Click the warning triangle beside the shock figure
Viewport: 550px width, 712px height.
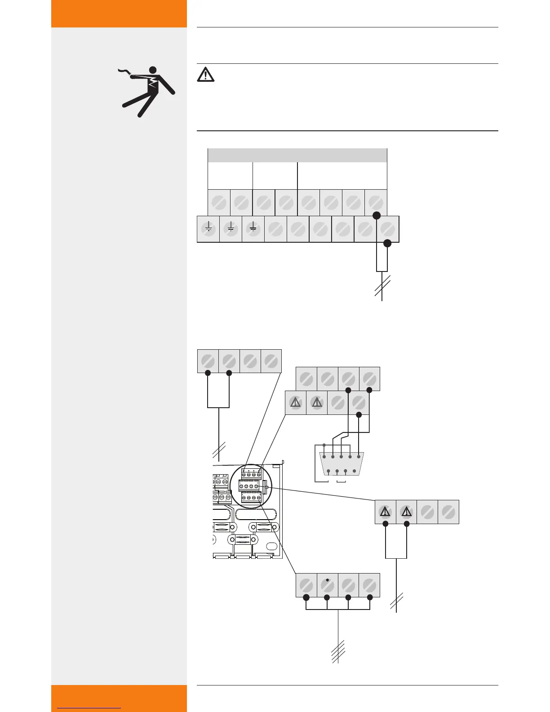(x=205, y=74)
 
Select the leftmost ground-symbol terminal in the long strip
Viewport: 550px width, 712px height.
(x=208, y=229)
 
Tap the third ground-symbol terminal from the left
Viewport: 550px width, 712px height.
(x=253, y=229)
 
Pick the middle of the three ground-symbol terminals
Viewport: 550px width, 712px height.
(x=231, y=229)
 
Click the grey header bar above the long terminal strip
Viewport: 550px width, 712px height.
(x=297, y=155)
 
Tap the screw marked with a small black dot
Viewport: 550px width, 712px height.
(x=327, y=585)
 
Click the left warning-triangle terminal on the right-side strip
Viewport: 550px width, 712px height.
(x=385, y=512)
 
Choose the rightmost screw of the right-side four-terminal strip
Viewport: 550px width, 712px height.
(x=448, y=512)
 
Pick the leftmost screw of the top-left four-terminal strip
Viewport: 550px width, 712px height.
(x=208, y=361)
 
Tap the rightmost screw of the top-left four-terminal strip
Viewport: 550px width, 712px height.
(x=271, y=361)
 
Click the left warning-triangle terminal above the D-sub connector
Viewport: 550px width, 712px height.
(x=295, y=402)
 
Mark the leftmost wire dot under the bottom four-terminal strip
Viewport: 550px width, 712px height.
(x=306, y=597)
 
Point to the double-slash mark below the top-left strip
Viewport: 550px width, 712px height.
(x=219, y=449)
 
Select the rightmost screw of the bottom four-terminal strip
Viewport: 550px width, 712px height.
(x=369, y=585)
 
